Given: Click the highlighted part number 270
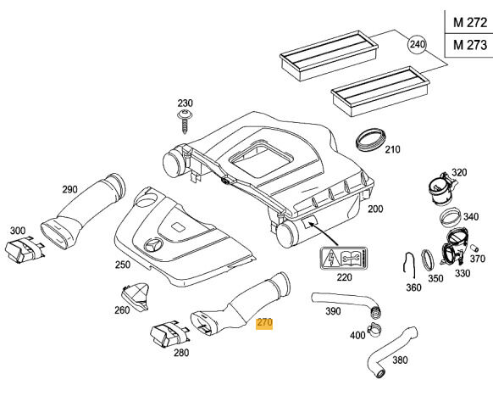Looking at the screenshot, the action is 264,323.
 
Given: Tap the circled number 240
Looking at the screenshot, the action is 417,44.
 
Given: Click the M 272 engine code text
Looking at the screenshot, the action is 470,22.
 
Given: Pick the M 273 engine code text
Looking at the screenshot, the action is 470,45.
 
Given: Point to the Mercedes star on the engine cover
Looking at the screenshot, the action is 153,244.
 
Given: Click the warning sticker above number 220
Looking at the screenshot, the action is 344,259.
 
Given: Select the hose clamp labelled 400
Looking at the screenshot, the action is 374,329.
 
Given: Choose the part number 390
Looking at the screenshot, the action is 333,311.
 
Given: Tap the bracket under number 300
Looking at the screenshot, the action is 24,249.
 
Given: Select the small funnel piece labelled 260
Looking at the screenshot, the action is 135,296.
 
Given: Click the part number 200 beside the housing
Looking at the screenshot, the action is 375,209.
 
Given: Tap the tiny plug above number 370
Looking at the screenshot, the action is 474,248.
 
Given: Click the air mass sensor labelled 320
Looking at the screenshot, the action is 440,188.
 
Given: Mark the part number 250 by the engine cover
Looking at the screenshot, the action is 122,265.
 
